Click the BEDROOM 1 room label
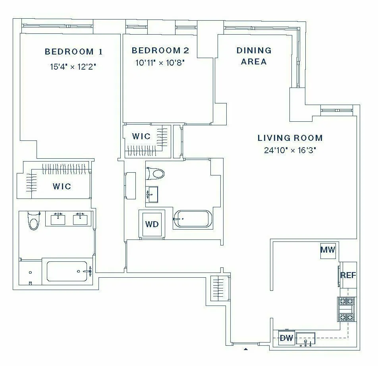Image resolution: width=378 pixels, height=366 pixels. (x=73, y=52)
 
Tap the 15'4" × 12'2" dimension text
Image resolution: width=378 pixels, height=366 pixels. (x=73, y=66)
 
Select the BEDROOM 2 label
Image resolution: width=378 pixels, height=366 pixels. (x=160, y=51)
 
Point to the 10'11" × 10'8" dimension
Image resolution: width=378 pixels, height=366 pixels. (x=160, y=62)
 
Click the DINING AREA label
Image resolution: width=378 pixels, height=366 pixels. (x=254, y=56)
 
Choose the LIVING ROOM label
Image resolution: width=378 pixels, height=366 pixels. (x=290, y=138)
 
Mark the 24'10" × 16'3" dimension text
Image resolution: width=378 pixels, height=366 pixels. (x=290, y=150)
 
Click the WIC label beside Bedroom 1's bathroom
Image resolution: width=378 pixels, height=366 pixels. (x=62, y=186)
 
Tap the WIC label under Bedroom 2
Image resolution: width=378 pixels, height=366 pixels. (x=141, y=136)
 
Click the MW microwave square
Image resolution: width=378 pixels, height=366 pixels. (x=328, y=250)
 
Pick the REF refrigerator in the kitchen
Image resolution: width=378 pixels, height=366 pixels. (x=348, y=275)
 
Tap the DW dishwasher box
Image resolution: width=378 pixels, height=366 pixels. (x=286, y=338)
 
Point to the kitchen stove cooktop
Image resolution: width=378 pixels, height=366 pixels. (x=346, y=309)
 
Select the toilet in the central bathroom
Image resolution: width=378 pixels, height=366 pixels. (x=156, y=173)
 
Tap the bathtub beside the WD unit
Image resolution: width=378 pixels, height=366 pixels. (x=193, y=219)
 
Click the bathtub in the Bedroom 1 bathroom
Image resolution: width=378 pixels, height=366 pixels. (x=68, y=271)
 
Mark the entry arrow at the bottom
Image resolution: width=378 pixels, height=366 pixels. (x=246, y=349)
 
